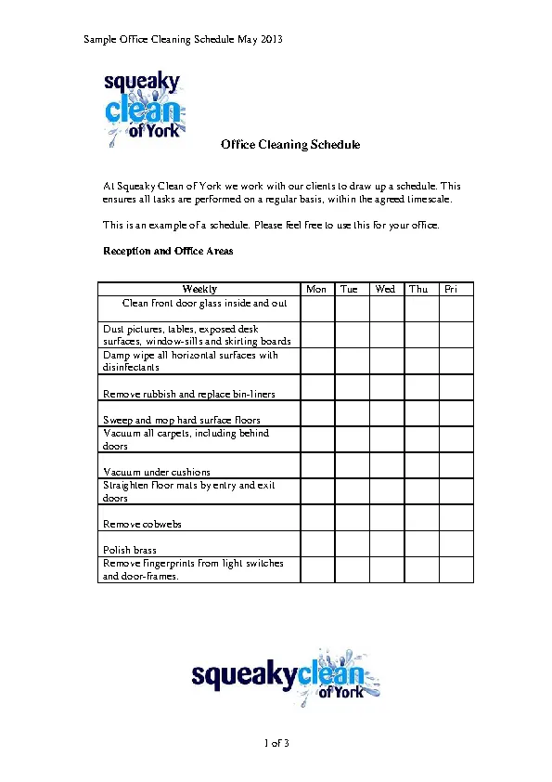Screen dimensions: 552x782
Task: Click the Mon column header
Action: click(316, 289)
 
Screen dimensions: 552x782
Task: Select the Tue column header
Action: click(349, 289)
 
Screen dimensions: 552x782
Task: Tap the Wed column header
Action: click(385, 289)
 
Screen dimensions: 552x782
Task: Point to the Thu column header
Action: click(419, 289)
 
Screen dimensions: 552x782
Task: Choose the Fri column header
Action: click(452, 289)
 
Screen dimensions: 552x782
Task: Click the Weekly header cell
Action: click(199, 289)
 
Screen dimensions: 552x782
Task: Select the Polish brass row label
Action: click(130, 550)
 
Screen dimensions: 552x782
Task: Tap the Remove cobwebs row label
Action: click(142, 524)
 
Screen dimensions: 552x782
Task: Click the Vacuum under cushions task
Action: click(157, 472)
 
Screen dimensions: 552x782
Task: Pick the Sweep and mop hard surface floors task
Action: click(182, 420)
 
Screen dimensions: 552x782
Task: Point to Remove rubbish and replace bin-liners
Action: click(188, 394)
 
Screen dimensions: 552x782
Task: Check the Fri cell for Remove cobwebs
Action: click(456, 518)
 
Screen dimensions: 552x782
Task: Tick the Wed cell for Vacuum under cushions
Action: click(387, 465)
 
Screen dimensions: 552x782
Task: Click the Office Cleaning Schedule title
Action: click(290, 145)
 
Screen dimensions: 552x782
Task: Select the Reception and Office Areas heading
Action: click(168, 251)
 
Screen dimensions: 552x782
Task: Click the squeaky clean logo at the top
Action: click(143, 109)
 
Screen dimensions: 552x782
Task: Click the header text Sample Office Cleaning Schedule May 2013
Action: click(183, 40)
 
